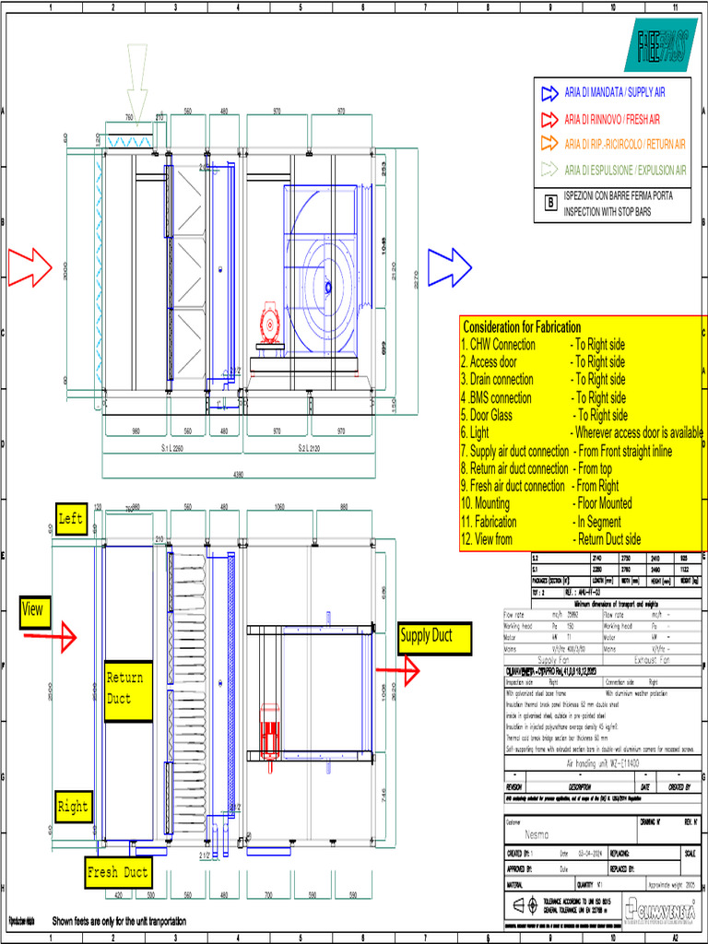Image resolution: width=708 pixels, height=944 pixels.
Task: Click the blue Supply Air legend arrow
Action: [549, 92]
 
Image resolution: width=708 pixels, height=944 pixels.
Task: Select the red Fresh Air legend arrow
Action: [549, 119]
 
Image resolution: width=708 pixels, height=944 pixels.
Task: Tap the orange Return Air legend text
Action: [624, 144]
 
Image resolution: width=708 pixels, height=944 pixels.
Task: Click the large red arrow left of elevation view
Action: [31, 266]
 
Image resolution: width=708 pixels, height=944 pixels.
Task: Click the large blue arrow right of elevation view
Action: [450, 266]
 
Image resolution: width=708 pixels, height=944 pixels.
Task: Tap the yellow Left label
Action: [70, 519]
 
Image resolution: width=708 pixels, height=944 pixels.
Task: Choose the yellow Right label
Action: [73, 807]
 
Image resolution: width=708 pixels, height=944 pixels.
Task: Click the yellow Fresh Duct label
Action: [117, 872]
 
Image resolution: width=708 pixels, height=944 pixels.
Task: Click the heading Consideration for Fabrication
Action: [522, 327]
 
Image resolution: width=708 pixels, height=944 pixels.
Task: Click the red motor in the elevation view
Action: [269, 324]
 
